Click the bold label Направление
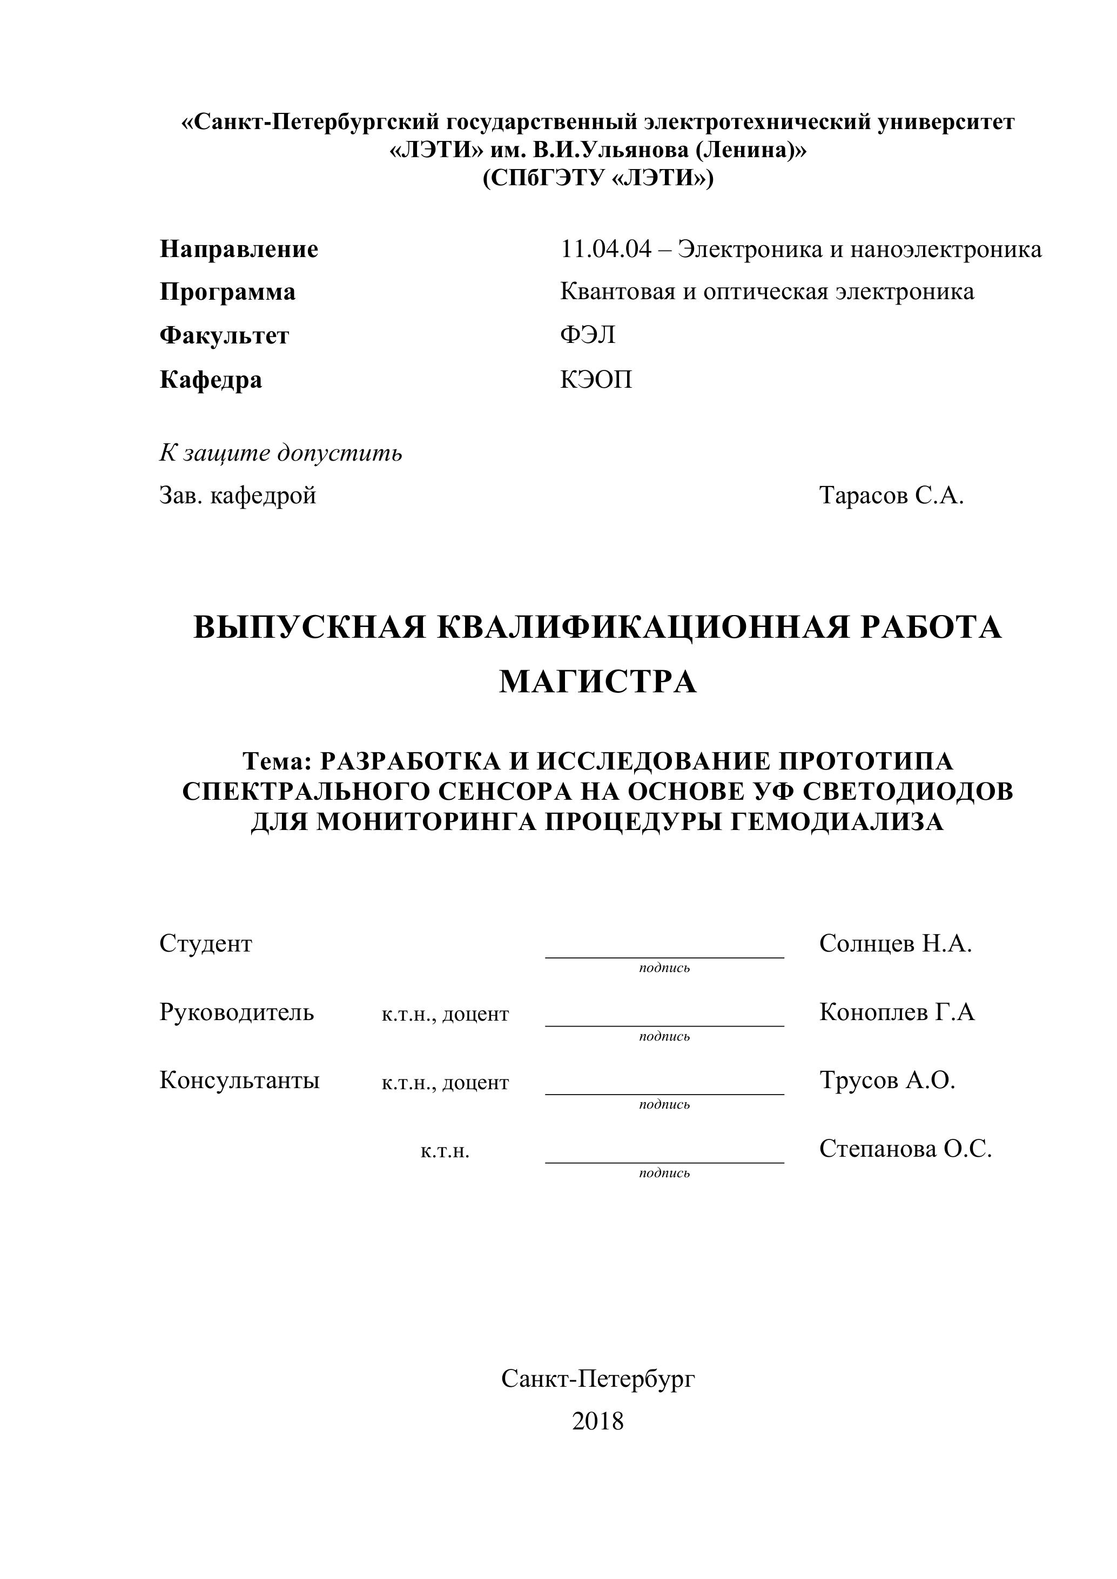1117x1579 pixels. pos(239,249)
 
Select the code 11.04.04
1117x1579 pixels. pos(605,249)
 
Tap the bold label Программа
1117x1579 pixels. pos(227,292)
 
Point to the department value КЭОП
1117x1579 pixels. pos(596,380)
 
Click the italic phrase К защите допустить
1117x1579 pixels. pos(281,453)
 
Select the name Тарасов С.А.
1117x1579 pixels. pos(891,495)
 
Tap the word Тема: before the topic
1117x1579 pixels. pos(277,761)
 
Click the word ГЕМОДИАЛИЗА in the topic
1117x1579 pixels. pos(835,822)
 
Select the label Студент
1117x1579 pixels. pos(206,943)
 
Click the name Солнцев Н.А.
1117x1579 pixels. pos(896,943)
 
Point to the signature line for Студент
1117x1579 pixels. pos(664,956)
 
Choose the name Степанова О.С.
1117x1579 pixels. pos(905,1149)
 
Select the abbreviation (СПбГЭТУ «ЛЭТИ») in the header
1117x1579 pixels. pos(598,178)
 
